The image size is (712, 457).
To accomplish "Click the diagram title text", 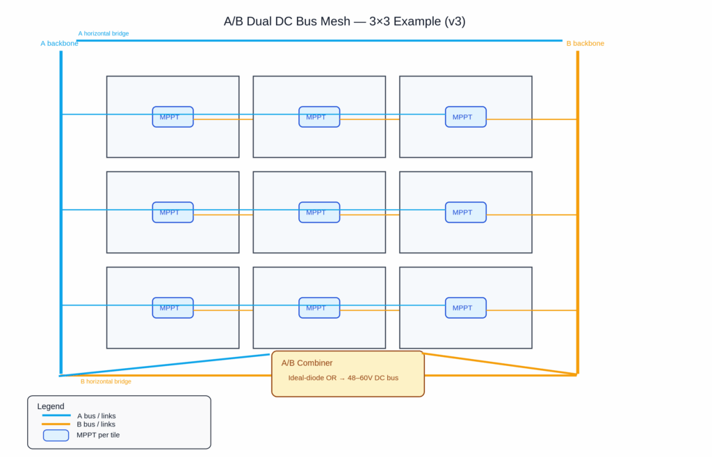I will tap(344, 21).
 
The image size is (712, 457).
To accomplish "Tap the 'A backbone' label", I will tap(59, 43).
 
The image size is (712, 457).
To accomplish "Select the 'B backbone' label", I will tap(585, 43).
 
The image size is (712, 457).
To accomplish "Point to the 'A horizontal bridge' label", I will tap(103, 33).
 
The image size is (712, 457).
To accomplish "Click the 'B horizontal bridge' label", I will tap(106, 381).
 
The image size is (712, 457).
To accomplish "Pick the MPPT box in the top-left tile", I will tap(172, 117).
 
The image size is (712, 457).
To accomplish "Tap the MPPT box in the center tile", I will tap(319, 212).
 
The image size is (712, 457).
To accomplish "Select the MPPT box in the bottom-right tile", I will tap(465, 308).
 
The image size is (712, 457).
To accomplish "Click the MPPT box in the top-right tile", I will tap(465, 117).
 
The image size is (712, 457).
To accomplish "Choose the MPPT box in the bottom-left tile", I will tap(172, 308).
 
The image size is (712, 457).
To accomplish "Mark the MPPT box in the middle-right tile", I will tap(465, 212).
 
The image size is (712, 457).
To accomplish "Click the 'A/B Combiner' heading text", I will tap(307, 363).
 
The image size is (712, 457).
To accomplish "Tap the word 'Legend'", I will tap(51, 406).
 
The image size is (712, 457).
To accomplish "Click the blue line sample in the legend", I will tap(56, 415).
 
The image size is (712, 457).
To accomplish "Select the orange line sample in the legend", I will tap(56, 424).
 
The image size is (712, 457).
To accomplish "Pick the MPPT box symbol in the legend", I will tap(56, 435).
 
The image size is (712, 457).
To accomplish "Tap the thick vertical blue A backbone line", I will tap(61, 208).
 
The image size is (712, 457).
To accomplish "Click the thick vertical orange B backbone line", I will tap(577, 208).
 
